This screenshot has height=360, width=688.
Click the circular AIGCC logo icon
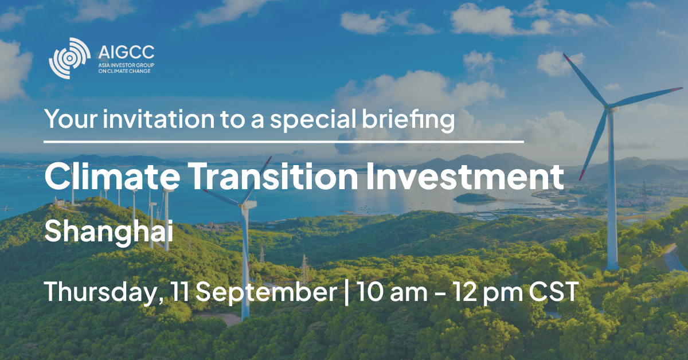pyautogui.click(x=70, y=58)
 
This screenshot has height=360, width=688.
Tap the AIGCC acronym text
pyautogui.click(x=126, y=53)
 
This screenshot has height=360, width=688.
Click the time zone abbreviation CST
pyautogui.click(x=554, y=291)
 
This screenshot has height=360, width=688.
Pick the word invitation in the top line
pyautogui.click(x=158, y=119)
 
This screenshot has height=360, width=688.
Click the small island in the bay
pyautogui.click(x=475, y=197)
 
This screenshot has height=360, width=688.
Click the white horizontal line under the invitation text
pyautogui.click(x=284, y=142)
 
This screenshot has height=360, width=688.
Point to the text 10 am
pyautogui.click(x=392, y=291)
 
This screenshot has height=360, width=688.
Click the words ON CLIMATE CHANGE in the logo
pyautogui.click(x=124, y=71)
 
